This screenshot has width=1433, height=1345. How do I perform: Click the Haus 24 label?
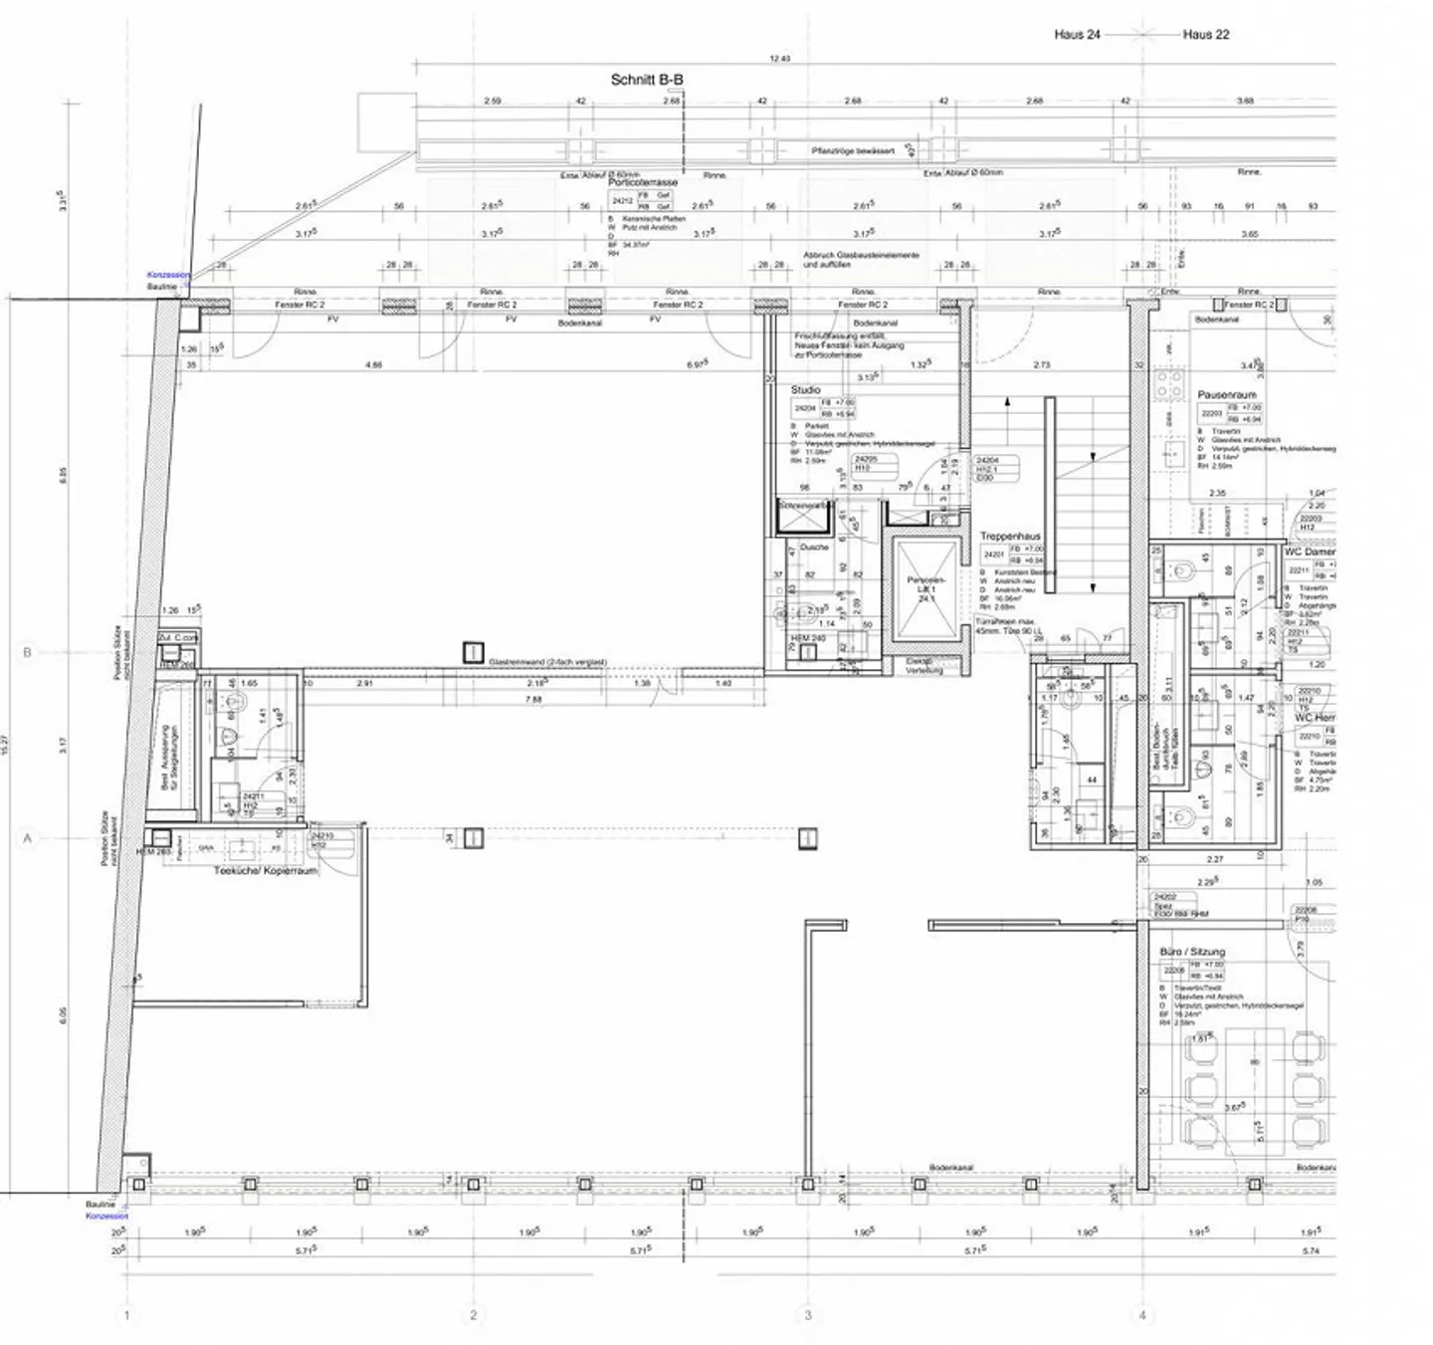point(1077,34)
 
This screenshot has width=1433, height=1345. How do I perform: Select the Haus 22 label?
point(1206,34)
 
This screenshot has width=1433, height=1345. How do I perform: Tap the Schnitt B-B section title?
point(647,80)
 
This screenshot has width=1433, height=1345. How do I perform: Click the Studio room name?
point(806,390)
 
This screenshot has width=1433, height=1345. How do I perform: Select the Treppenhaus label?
point(1009,537)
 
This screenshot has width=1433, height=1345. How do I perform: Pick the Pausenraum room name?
point(1226,395)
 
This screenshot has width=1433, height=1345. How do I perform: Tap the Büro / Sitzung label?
point(1192,953)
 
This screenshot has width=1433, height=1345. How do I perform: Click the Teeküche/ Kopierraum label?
point(266,870)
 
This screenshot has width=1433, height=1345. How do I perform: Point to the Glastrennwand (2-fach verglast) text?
point(547,661)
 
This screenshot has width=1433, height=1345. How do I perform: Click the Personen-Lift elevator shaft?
point(926,589)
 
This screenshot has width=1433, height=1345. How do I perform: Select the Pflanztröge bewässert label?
point(853,151)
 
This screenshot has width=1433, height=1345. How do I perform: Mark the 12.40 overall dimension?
point(779,59)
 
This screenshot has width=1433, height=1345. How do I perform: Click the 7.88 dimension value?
point(533,700)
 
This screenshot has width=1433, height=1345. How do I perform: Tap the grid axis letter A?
point(27,838)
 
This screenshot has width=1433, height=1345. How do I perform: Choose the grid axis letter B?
point(27,653)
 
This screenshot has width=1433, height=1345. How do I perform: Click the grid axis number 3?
point(808,1315)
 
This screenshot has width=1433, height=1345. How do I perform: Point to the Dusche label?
point(814,548)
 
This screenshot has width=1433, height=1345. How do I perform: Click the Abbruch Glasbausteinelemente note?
point(861,260)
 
